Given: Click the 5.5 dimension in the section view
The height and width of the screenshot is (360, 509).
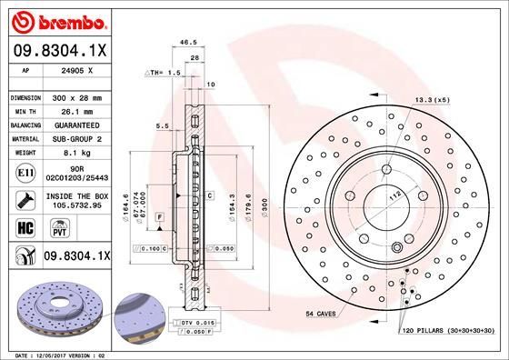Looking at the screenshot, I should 163,126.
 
